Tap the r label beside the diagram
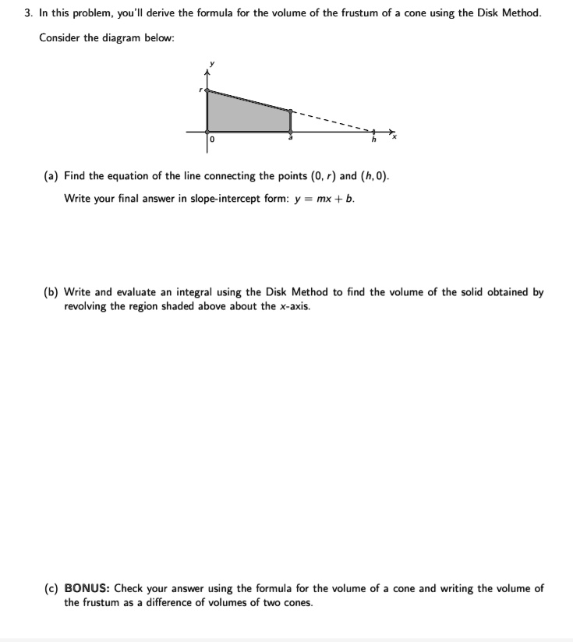point(200,91)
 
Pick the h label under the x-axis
point(373,140)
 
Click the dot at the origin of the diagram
point(207,131)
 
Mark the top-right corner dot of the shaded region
point(291,111)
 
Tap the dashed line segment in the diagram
point(331,122)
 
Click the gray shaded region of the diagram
point(246,114)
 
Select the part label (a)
point(51,176)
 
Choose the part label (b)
point(51,293)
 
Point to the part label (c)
point(51,589)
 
